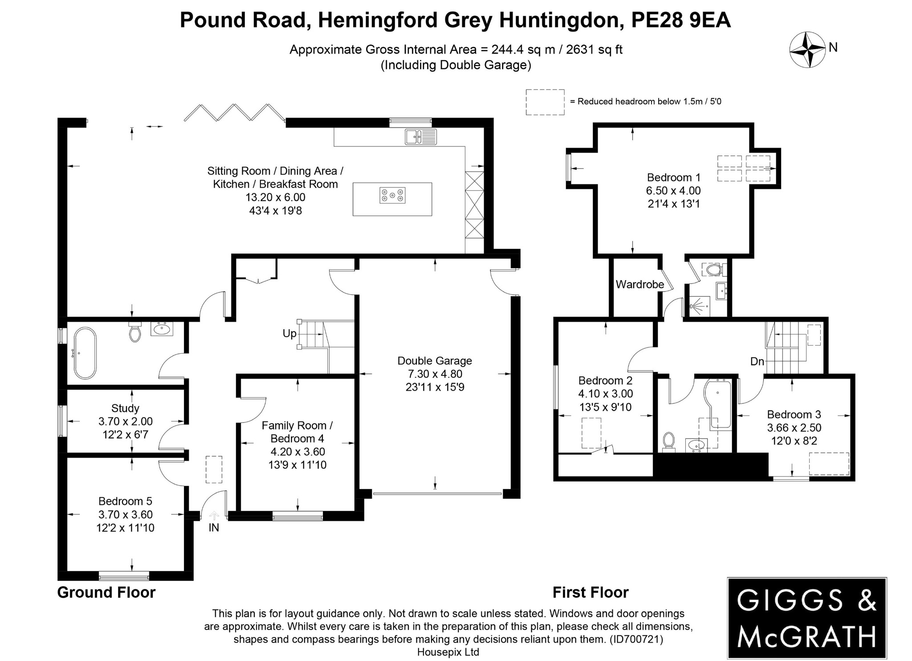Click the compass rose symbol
(x=807, y=50)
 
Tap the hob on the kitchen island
(x=392, y=195)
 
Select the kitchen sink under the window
(x=421, y=137)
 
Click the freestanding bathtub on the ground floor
(x=85, y=353)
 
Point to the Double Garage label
(x=435, y=361)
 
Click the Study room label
(x=125, y=408)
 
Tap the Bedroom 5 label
(x=125, y=501)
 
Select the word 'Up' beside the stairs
(x=289, y=333)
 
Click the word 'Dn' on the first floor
(x=757, y=361)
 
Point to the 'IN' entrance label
(x=214, y=528)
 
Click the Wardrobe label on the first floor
(x=639, y=284)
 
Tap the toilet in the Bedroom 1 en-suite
(x=714, y=269)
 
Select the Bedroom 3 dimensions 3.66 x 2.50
(x=794, y=428)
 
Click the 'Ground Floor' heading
(x=106, y=592)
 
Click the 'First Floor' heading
(x=590, y=592)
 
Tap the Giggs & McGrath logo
(x=806, y=618)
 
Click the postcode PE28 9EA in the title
(x=681, y=20)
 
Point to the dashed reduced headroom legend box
(x=545, y=102)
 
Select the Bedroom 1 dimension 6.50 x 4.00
(x=673, y=191)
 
